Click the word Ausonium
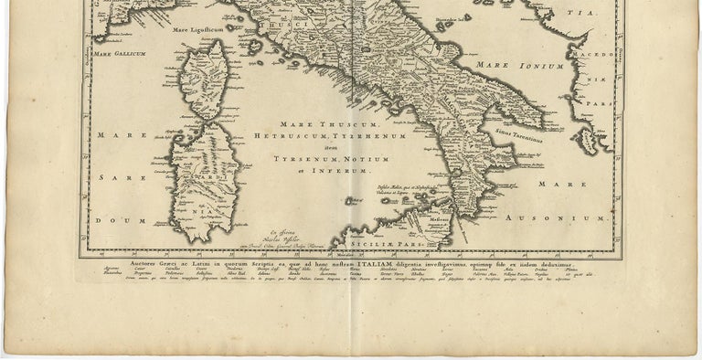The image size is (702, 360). pyautogui.click(x=575, y=218)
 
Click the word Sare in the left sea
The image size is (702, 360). pyautogui.click(x=115, y=178)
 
